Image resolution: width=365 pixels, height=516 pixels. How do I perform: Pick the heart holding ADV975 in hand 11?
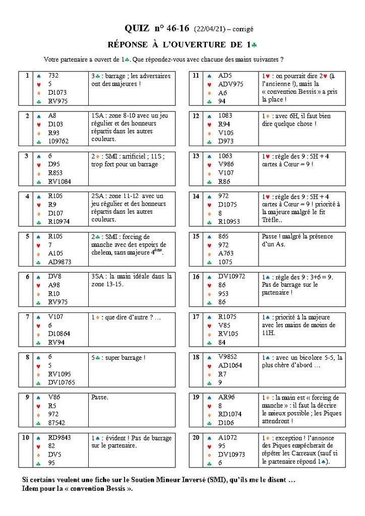(x=230, y=84)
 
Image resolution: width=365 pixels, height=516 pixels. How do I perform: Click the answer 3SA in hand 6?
(x=98, y=276)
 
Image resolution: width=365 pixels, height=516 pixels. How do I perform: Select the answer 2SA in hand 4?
(x=98, y=196)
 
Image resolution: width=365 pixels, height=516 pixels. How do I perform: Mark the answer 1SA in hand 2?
(x=98, y=115)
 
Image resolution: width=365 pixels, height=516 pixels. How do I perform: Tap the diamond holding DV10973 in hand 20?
(x=232, y=454)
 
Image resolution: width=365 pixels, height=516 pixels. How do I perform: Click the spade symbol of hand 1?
(x=39, y=76)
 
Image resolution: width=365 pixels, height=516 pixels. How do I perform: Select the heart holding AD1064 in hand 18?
(x=230, y=365)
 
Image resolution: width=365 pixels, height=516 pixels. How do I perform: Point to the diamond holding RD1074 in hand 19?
(x=230, y=414)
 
